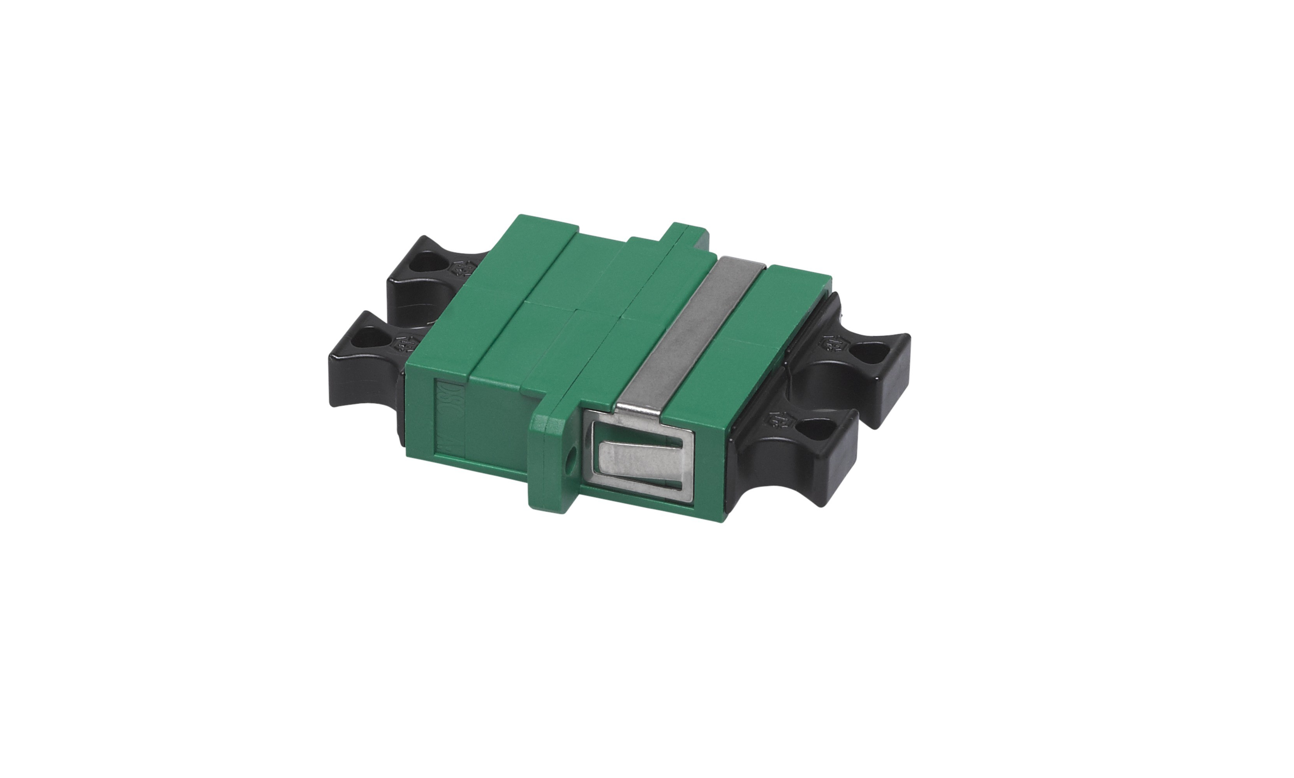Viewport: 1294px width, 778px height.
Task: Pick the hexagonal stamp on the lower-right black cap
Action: pos(776,419)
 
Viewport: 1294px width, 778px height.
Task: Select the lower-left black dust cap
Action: pos(362,362)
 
